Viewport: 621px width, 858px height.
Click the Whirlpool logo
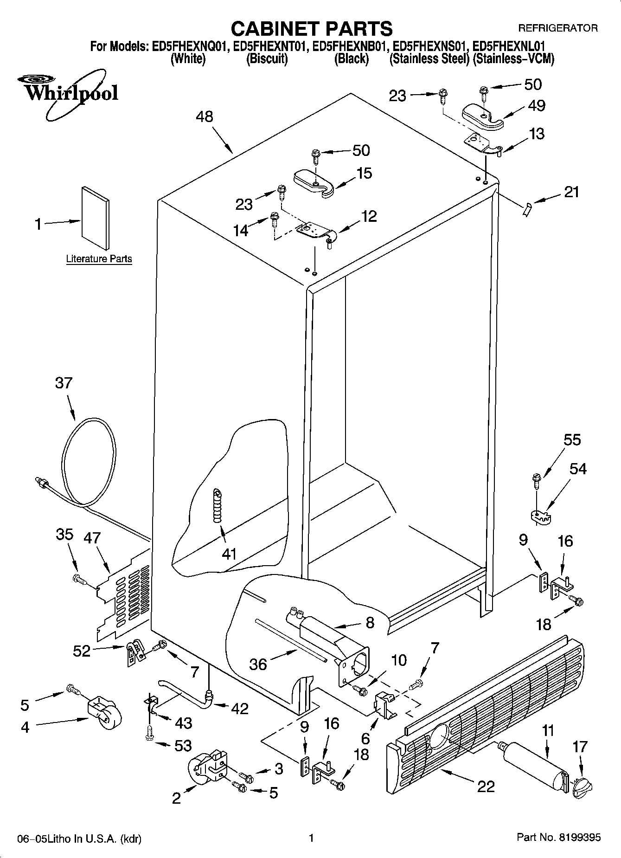click(x=70, y=92)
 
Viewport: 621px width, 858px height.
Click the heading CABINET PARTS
click(x=311, y=29)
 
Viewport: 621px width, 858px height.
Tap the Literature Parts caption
click(x=99, y=259)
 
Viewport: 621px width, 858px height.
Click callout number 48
click(x=205, y=116)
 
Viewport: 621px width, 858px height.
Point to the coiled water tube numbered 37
click(x=88, y=459)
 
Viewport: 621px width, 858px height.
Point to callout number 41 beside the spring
click(x=229, y=553)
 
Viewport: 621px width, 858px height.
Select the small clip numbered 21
click(x=525, y=210)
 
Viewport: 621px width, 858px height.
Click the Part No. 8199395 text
click(x=558, y=838)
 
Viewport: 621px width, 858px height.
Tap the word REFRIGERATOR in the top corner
click(x=557, y=28)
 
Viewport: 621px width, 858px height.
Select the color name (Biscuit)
click(x=267, y=59)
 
